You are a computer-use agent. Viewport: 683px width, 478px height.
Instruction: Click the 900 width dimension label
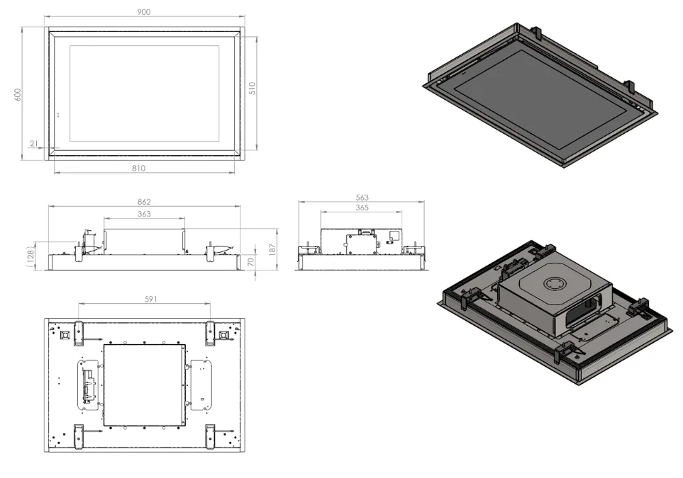pos(144,12)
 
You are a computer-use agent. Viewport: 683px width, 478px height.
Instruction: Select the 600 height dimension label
pos(18,95)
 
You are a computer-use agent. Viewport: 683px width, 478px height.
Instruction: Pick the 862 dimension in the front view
pos(143,201)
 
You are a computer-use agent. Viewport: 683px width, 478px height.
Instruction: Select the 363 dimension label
pos(143,214)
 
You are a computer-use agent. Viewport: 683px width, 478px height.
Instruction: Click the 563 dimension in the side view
pos(361,197)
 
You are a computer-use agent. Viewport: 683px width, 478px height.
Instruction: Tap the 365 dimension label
pos(361,208)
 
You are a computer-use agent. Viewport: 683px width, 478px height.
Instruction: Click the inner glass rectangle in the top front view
pos(144,94)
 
